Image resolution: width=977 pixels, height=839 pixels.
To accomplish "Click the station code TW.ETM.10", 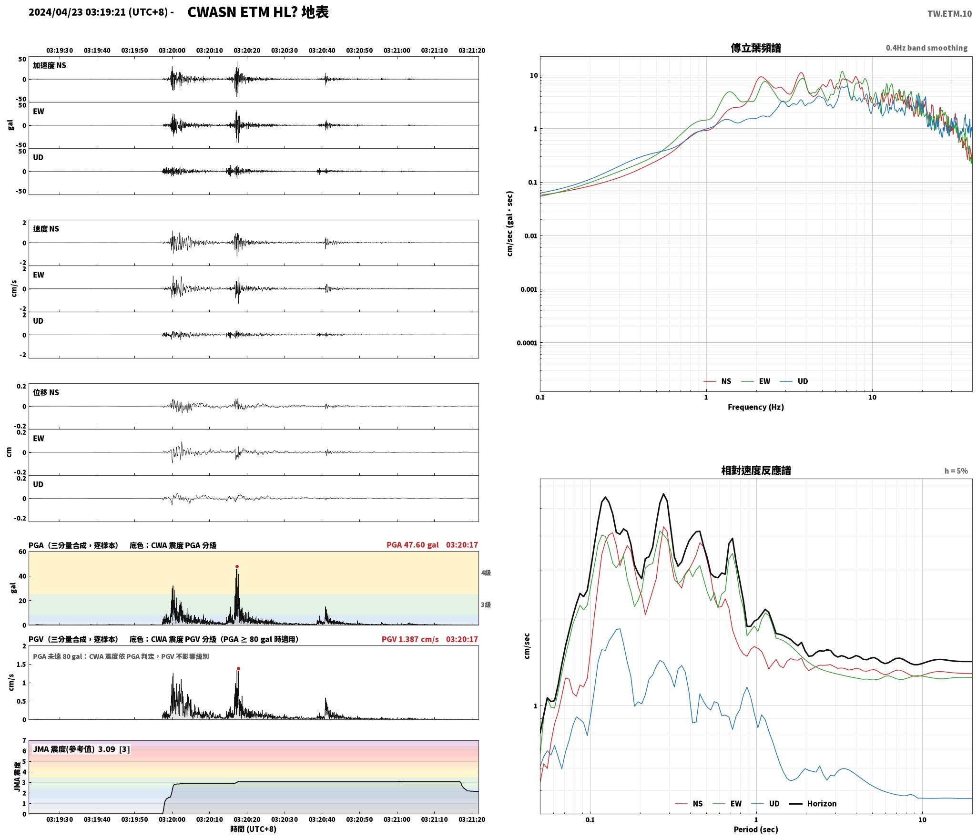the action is (949, 14).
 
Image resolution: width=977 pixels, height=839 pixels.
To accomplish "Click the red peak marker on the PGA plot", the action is (237, 567).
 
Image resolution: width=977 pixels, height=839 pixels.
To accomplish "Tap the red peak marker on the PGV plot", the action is (238, 669).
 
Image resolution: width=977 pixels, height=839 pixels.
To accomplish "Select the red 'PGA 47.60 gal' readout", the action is (413, 545).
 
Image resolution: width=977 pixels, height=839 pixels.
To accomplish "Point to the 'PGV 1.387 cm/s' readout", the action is (410, 639).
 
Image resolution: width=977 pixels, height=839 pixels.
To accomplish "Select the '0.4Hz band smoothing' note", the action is (926, 48).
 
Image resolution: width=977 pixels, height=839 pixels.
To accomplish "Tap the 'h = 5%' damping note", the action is (956, 471).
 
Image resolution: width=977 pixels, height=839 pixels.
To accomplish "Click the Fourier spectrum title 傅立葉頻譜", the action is (756, 48).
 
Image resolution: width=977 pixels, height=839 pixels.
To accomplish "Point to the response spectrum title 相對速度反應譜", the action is (756, 471).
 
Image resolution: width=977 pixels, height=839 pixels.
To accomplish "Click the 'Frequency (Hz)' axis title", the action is (756, 407).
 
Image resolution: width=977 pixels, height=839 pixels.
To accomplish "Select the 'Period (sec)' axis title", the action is (756, 830).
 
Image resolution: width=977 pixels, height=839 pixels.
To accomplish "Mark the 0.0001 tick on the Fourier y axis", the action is (527, 343).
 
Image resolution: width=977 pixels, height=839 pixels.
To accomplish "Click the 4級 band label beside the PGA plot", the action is (486, 573).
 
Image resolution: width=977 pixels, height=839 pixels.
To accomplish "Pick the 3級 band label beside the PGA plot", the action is (486, 605).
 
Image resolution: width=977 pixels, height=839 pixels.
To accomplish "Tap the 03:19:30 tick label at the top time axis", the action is (60, 51).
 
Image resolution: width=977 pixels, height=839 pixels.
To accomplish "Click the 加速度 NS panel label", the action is (50, 65).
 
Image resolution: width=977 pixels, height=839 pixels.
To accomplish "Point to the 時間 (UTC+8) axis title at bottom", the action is (253, 829).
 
